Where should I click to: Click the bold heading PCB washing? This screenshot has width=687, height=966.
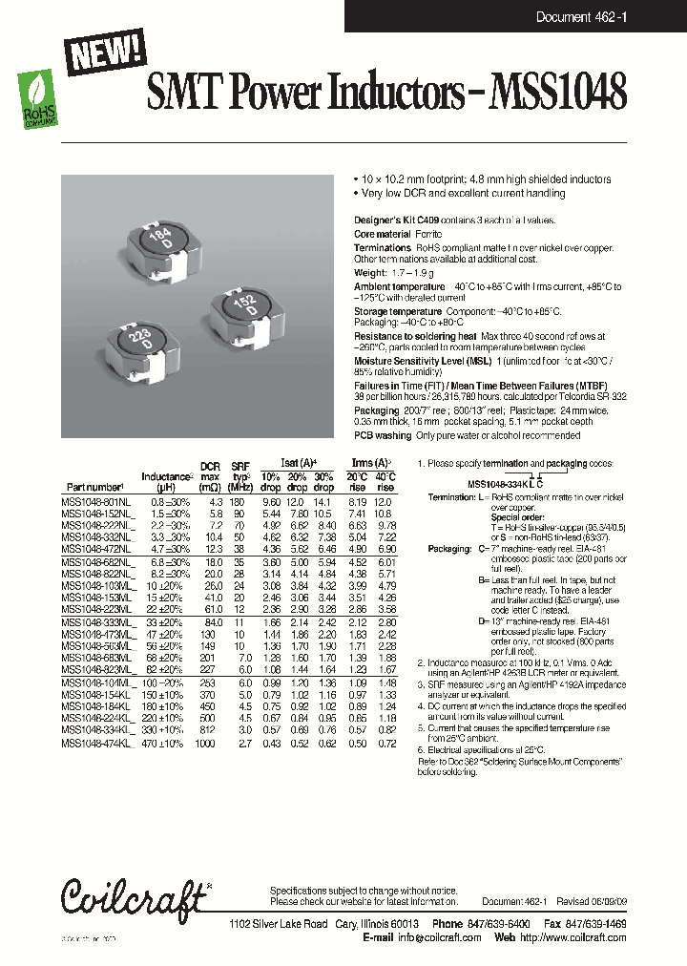click(383, 434)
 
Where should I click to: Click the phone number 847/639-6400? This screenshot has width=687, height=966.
click(494, 925)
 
